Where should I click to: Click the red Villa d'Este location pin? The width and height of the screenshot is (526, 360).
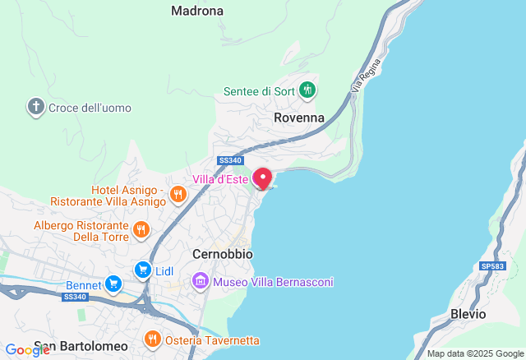(x=262, y=178)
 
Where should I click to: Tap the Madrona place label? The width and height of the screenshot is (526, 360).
(x=197, y=11)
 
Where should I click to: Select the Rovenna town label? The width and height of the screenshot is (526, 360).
(x=299, y=118)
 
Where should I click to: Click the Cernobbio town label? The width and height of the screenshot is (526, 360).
(x=220, y=254)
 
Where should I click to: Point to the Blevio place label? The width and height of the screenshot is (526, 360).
(x=468, y=314)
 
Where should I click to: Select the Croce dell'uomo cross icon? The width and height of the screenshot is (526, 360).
(x=35, y=107)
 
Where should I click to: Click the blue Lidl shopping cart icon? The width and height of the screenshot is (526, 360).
(x=143, y=270)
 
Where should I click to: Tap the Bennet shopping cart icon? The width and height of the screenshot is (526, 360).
(x=113, y=284)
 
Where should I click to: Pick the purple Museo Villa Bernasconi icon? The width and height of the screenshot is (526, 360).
(x=201, y=282)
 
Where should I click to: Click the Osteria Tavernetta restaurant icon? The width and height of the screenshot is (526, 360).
(x=152, y=339)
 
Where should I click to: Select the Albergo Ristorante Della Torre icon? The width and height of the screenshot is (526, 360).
(x=141, y=231)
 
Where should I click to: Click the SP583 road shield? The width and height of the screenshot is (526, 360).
(x=491, y=266)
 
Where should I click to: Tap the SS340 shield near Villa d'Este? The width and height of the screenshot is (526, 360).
(x=229, y=160)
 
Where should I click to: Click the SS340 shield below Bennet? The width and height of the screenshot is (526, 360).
(x=74, y=298)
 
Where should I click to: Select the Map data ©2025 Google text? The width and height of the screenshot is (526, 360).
(x=474, y=354)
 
